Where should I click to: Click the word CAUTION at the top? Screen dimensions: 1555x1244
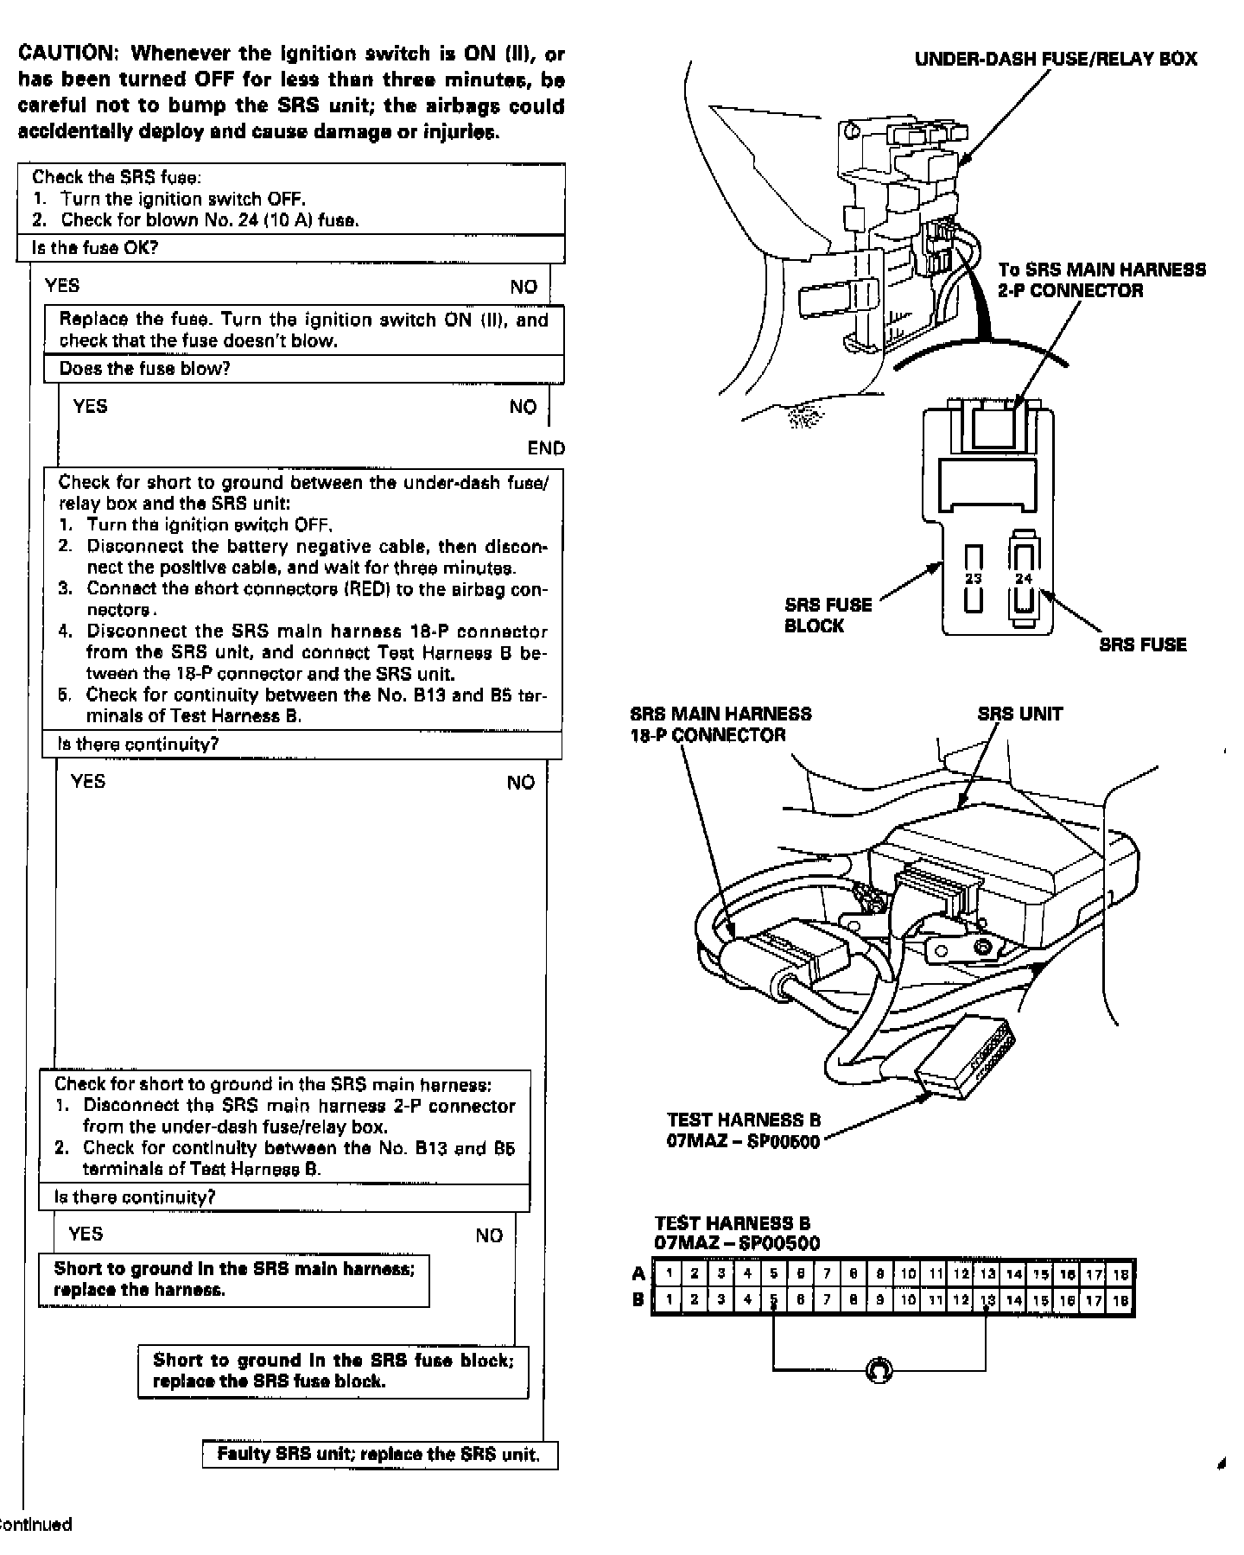(x=66, y=54)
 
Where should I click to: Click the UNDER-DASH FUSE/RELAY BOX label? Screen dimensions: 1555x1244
(x=1056, y=59)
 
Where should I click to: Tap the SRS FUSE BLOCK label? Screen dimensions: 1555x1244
(x=828, y=615)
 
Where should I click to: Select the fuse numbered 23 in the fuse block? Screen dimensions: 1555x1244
(x=974, y=579)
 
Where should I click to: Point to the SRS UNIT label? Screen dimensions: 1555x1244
(x=1019, y=714)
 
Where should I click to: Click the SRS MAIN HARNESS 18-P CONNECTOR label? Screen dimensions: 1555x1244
(x=720, y=725)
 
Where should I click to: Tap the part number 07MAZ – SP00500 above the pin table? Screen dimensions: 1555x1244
(x=737, y=1243)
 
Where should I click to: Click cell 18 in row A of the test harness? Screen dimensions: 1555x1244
(x=1120, y=1273)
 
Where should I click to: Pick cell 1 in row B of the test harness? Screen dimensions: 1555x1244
(x=668, y=1299)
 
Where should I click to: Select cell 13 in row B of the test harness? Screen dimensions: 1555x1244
(x=987, y=1299)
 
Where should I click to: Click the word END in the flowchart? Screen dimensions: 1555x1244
(x=546, y=448)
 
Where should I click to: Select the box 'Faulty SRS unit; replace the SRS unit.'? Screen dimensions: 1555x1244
(x=379, y=1454)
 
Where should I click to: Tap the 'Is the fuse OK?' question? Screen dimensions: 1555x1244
(x=95, y=248)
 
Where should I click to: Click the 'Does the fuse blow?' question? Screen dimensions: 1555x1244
(x=144, y=369)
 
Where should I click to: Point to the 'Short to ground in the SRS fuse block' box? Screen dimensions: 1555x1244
(x=333, y=1371)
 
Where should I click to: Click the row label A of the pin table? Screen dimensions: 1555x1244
(x=638, y=1273)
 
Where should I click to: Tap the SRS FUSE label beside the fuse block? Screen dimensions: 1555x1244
(x=1142, y=644)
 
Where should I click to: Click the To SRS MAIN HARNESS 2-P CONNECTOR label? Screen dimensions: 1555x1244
(x=1101, y=280)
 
